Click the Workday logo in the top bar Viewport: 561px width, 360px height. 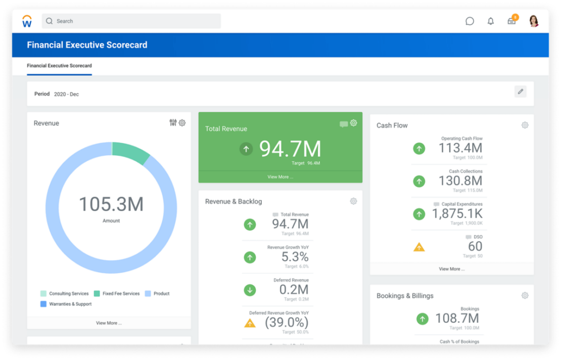click(27, 21)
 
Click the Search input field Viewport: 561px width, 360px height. click(131, 21)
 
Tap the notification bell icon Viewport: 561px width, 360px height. click(490, 21)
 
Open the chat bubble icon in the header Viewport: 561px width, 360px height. click(470, 21)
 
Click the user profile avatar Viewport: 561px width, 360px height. click(534, 21)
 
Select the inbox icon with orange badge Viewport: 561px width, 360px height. click(512, 21)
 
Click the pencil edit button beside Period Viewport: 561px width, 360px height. click(520, 92)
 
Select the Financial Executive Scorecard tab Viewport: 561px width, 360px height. click(59, 66)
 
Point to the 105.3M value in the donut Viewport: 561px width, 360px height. click(111, 204)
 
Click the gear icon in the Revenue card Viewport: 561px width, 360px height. click(182, 123)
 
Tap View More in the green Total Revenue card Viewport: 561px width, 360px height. click(280, 177)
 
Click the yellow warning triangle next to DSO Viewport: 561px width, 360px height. click(419, 247)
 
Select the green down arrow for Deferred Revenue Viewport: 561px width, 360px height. click(250, 290)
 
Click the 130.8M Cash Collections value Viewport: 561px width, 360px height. click(460, 181)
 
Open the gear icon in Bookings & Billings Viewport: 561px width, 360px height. click(525, 296)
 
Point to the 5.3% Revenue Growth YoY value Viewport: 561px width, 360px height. click(295, 257)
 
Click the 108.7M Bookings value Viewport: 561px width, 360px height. click(456, 318)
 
